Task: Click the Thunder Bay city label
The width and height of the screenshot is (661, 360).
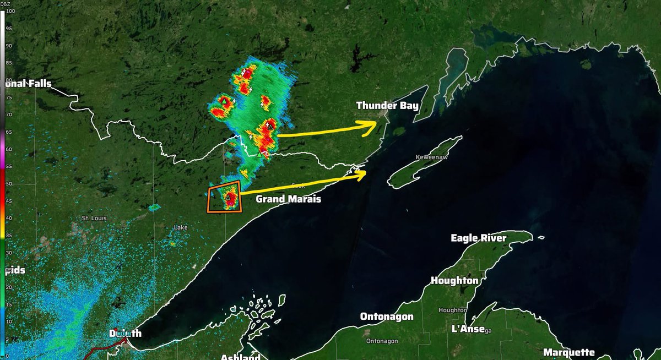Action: click(387, 106)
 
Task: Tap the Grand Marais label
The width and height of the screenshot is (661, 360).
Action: click(288, 199)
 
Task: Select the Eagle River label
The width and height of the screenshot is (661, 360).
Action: click(478, 238)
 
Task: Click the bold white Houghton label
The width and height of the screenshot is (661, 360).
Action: click(454, 281)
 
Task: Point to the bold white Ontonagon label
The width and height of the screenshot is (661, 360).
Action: click(388, 317)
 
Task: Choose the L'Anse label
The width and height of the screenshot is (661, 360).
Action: click(468, 329)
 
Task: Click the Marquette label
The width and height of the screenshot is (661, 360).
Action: click(569, 352)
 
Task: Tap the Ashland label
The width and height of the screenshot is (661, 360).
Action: click(240, 357)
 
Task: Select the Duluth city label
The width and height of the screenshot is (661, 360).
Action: click(125, 334)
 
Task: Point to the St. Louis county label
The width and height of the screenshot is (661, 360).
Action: click(93, 219)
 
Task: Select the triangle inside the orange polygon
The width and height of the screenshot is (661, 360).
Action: click(227, 197)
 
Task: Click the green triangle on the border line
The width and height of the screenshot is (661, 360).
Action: click(259, 154)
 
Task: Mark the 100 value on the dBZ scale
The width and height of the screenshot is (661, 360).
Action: click(7, 11)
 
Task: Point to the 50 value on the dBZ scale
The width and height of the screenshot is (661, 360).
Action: click(7, 183)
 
